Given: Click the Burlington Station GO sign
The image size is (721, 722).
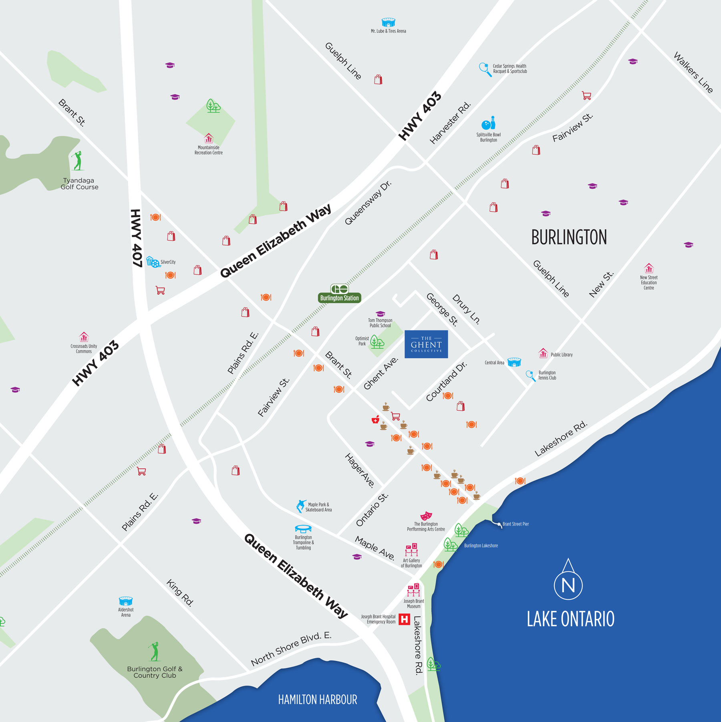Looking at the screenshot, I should [x=339, y=293].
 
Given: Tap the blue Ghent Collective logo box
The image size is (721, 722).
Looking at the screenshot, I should [x=426, y=344].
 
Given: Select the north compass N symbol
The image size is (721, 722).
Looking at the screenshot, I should [x=568, y=585].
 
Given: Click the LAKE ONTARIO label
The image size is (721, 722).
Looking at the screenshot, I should [x=570, y=619].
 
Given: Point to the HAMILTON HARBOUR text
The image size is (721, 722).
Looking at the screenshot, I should [x=317, y=700].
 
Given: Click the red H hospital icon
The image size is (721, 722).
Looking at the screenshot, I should [x=404, y=619].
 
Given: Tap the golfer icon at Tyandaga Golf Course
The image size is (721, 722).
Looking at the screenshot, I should [x=78, y=161].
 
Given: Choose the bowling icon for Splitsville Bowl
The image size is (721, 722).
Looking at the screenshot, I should [x=489, y=123].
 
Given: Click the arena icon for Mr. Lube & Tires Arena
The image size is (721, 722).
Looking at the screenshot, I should [x=388, y=22].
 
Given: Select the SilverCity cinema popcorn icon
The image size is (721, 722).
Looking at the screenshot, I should [x=153, y=262].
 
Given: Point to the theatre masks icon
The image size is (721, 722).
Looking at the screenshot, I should [x=426, y=516].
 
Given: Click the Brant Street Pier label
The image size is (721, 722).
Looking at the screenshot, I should [x=516, y=524].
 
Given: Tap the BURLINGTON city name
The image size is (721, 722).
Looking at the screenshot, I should [x=569, y=237].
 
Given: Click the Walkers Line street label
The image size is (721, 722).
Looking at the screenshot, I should [x=693, y=73].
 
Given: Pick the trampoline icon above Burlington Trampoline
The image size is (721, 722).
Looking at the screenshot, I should [x=303, y=529].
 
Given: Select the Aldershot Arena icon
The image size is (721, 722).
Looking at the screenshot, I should [x=126, y=601].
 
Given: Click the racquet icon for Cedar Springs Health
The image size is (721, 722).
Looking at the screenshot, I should [x=485, y=69].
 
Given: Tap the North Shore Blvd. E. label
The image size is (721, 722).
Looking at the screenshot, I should [x=291, y=649].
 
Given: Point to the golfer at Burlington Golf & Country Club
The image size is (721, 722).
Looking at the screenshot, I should [x=154, y=651].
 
